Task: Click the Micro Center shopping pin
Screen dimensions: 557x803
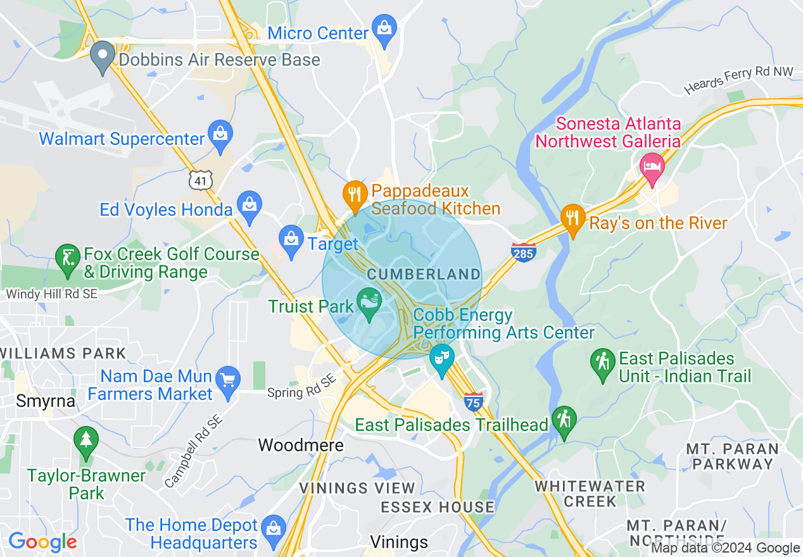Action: (384, 28)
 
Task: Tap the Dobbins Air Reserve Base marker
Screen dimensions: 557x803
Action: (102, 55)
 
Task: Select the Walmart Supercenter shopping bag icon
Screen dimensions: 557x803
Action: (220, 134)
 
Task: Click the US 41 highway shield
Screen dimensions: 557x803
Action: (200, 180)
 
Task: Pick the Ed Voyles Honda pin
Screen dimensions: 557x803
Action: (250, 205)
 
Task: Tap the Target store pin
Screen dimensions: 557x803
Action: (291, 239)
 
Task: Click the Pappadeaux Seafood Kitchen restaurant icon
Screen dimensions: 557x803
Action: (355, 194)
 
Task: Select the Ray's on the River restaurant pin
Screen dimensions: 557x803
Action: (572, 218)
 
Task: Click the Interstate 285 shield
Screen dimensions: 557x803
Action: (524, 251)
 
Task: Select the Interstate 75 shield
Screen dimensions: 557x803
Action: (473, 401)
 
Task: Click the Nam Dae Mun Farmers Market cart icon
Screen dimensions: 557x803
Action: (228, 380)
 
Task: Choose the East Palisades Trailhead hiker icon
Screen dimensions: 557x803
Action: (564, 420)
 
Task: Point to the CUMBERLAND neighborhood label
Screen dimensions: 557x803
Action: (424, 274)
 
